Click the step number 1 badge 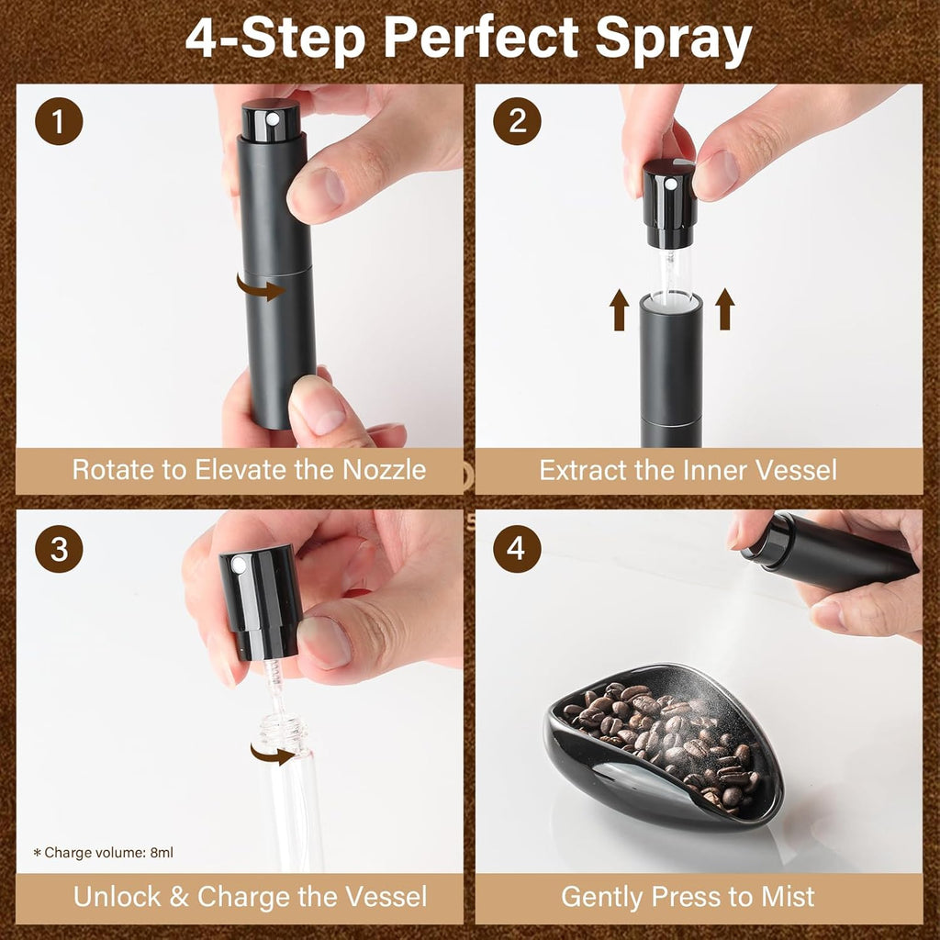60,122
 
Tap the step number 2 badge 518,122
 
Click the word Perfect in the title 481,39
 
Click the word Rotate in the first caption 115,470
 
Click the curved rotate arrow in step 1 261,288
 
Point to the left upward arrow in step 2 619,308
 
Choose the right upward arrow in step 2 725,308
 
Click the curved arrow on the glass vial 274,755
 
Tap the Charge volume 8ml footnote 103,853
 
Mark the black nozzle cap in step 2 669,202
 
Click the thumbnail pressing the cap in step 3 324,642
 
